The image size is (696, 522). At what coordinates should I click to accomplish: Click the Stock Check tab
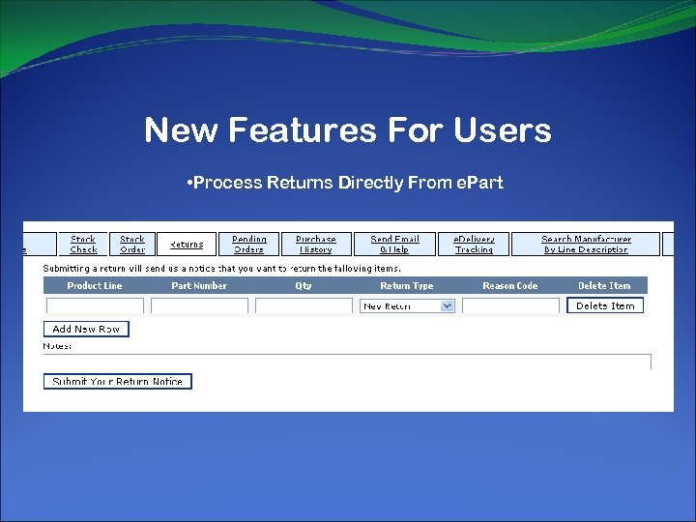point(83,244)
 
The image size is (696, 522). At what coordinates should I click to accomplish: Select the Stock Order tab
point(132,244)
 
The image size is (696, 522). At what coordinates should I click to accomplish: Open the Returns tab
point(187,245)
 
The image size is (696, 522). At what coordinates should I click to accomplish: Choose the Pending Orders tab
point(248,244)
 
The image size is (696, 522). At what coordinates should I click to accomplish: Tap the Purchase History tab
point(315,244)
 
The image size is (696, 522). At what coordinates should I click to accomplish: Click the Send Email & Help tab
point(394,244)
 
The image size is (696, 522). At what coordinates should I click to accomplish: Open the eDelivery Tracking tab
point(474,244)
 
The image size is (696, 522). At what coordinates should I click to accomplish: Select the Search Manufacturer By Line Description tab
point(585,244)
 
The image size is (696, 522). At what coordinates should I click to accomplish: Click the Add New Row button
point(86,329)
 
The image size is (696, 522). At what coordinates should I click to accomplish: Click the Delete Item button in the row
point(605,305)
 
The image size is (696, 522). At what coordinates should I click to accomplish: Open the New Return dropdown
point(407,305)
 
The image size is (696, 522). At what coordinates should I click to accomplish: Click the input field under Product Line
point(95,305)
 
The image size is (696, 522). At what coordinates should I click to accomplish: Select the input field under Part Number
point(199,305)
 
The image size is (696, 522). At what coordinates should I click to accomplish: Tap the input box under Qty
point(304,305)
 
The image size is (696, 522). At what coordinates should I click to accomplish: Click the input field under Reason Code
point(510,305)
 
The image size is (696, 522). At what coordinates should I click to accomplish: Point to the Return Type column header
point(407,285)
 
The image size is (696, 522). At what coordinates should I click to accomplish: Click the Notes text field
point(347,361)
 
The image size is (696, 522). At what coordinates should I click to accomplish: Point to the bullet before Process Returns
point(190,183)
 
